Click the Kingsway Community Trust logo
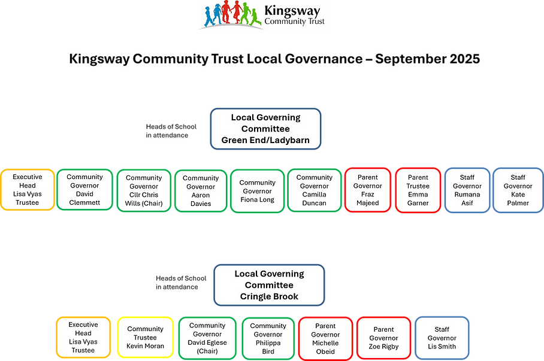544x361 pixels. click(x=261, y=16)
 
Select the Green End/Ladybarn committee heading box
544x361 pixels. click(x=265, y=129)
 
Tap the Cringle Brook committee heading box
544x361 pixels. click(x=269, y=285)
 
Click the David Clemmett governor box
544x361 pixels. click(x=84, y=190)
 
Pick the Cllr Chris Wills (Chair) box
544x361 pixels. click(x=143, y=190)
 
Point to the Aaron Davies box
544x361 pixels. click(x=201, y=190)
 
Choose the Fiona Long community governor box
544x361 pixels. click(x=257, y=190)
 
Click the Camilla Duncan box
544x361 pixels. click(x=314, y=190)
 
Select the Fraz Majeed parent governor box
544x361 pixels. click(x=367, y=190)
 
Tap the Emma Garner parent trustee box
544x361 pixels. click(x=418, y=190)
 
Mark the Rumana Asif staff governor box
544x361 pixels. click(x=467, y=190)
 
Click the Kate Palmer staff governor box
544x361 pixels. click(x=518, y=190)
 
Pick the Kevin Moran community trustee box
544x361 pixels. click(x=145, y=338)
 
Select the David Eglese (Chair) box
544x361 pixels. click(x=207, y=338)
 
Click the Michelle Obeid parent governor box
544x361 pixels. click(x=325, y=338)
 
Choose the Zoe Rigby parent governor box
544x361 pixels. click(x=383, y=338)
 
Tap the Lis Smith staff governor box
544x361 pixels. click(x=442, y=338)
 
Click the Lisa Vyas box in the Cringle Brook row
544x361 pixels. click(x=83, y=338)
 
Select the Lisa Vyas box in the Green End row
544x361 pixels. click(x=27, y=190)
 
